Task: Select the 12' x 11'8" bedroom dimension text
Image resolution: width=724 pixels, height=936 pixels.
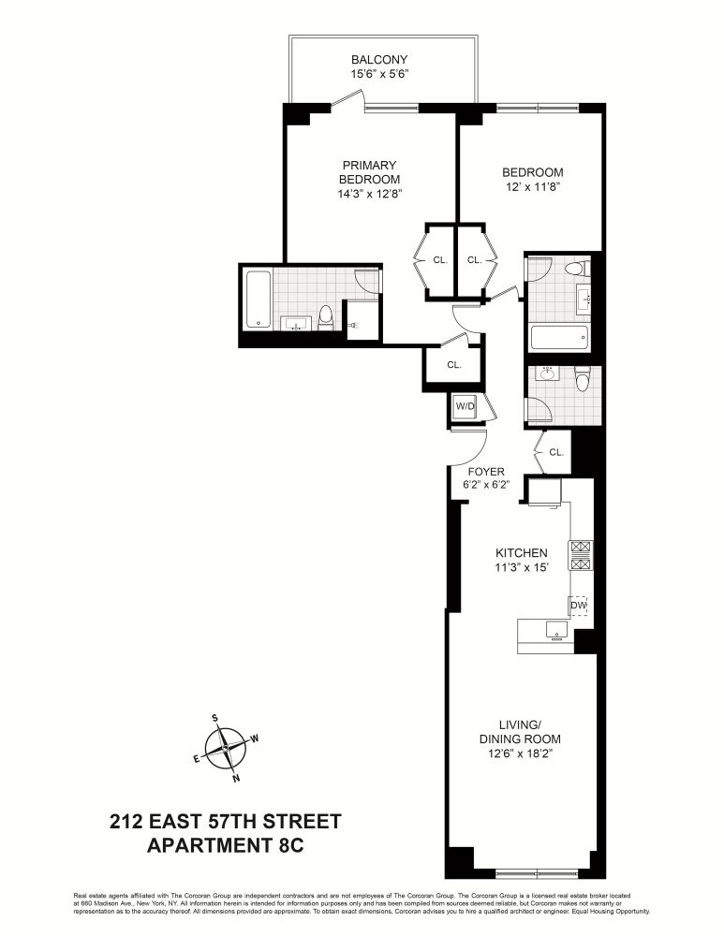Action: tap(532, 187)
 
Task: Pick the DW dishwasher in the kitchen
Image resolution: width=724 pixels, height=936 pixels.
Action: tap(580, 606)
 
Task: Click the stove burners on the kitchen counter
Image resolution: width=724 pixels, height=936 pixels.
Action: tap(580, 556)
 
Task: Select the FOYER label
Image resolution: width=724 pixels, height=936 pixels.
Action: tap(486, 471)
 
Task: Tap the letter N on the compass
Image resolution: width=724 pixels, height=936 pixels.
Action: tap(236, 777)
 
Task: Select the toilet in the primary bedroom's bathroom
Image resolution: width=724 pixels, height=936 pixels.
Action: tap(325, 317)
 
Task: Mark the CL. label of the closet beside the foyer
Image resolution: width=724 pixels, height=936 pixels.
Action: tap(556, 451)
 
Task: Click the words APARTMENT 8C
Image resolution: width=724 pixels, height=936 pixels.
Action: tap(226, 846)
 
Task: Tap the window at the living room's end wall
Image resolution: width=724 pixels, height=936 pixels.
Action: tap(523, 874)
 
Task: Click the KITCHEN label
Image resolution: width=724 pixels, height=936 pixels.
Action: tap(522, 553)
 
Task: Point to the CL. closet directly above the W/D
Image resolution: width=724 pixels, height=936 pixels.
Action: tap(453, 365)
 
